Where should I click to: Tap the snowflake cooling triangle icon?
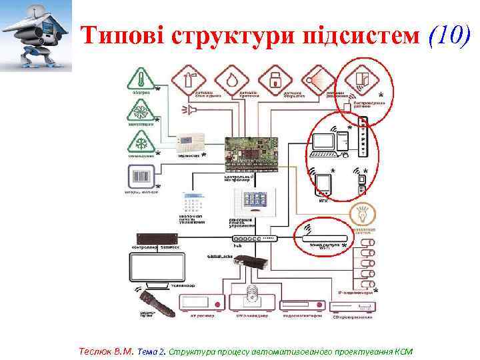pos(141,142)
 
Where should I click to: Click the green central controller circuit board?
pos(251,149)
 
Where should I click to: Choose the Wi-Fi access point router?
pos(324,237)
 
